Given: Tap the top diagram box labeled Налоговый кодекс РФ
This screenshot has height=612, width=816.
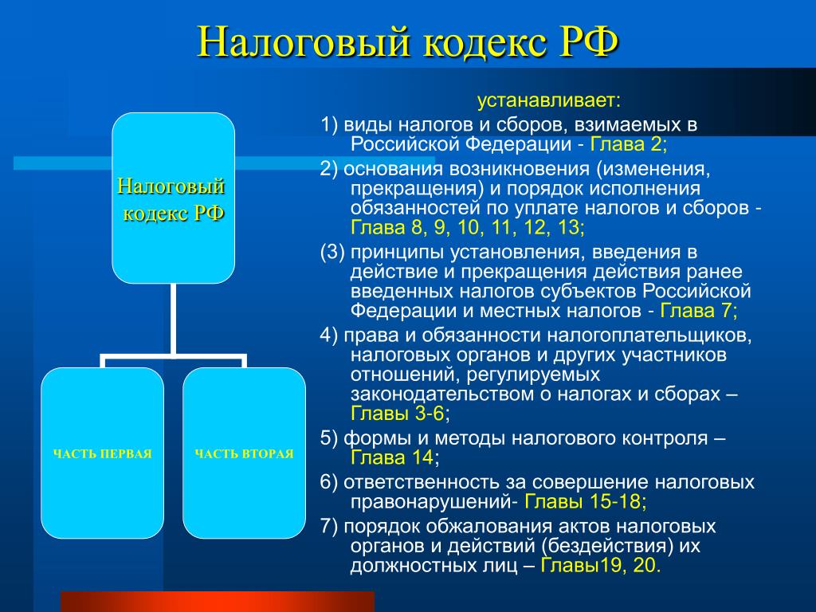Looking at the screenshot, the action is [173, 198].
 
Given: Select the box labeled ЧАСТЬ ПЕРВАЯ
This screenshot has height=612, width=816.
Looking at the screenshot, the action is [103, 453].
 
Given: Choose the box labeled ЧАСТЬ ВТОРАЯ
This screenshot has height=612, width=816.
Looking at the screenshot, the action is [244, 453].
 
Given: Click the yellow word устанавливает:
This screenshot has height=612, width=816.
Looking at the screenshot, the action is [549, 100].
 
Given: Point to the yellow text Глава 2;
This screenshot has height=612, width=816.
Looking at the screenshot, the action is [628, 143].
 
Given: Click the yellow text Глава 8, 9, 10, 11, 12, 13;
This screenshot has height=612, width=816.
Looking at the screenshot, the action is [467, 227].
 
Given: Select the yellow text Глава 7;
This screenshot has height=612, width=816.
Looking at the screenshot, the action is [698, 311].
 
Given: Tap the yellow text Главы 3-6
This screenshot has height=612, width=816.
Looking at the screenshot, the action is [398, 414].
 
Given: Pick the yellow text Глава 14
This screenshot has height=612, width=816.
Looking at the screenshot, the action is [392, 457].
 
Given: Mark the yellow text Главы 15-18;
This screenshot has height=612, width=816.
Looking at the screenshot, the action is [586, 501].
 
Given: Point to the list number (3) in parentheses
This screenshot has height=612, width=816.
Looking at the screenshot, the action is [332, 253].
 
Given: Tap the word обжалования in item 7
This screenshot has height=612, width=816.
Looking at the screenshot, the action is [485, 526].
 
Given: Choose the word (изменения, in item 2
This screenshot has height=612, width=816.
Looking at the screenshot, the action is [653, 169].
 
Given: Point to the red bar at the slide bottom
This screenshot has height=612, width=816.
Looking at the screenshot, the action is [218, 602].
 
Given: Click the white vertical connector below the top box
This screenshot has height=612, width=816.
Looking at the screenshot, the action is [173, 319].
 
